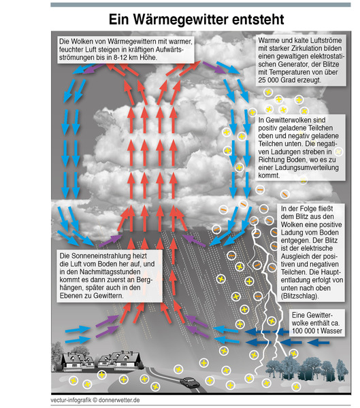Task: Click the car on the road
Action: point(190,382)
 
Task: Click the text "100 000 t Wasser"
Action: point(317,330)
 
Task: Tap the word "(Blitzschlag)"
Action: point(299,296)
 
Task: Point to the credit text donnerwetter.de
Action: point(119,400)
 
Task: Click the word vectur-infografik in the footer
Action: point(71,400)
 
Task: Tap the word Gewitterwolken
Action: point(288,120)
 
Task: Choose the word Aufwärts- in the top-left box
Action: point(169,50)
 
